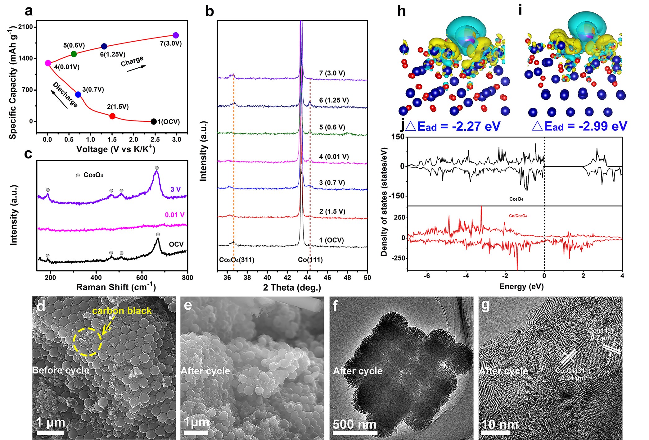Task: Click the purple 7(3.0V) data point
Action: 176,35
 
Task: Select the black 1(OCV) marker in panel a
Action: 153,121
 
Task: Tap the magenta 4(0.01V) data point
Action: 48,63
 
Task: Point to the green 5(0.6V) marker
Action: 74,54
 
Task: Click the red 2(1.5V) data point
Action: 112,116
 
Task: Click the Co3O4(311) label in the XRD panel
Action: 237,260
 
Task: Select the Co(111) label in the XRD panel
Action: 310,260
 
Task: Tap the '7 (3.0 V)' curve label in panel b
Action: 332,73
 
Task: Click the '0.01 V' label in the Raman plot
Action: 174,215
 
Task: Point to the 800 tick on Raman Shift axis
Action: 187,277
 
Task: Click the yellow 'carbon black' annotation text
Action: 122,311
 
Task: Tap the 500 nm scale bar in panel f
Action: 355,433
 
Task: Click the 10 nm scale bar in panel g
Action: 496,433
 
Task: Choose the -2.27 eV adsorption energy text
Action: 454,126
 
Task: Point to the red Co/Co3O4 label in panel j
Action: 518,216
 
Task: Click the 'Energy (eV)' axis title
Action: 521,286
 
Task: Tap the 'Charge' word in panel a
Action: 132,61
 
